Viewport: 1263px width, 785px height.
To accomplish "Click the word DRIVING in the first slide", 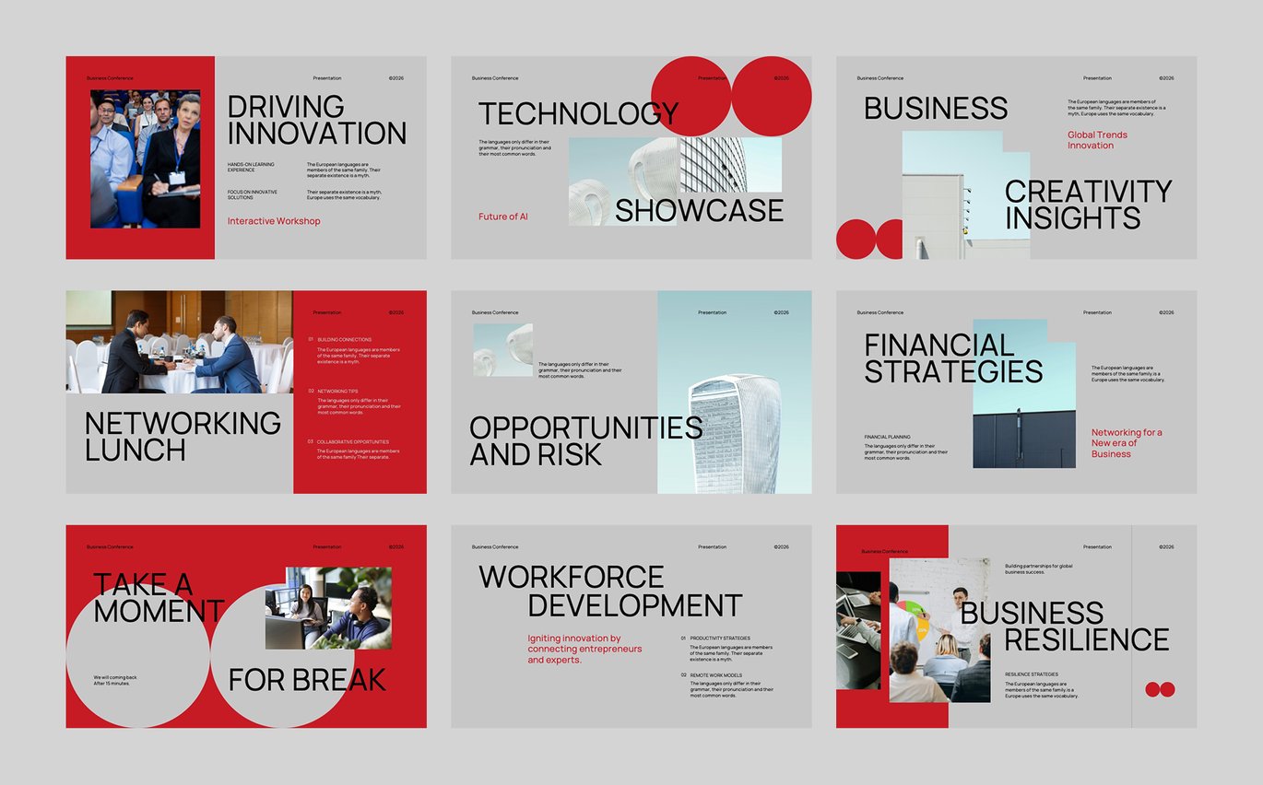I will pyautogui.click(x=286, y=107).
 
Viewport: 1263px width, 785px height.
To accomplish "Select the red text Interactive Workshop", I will pyautogui.click(x=274, y=221).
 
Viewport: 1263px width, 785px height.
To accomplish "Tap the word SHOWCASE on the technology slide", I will pyautogui.click(x=699, y=211).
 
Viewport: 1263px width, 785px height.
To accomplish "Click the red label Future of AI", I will pyautogui.click(x=502, y=217).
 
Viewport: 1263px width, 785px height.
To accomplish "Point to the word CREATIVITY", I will pyautogui.click(x=1088, y=192).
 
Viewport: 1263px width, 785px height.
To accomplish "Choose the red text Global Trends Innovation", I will pyautogui.click(x=1097, y=140).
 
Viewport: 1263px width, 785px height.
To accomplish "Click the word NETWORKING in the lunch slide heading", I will pyautogui.click(x=183, y=424).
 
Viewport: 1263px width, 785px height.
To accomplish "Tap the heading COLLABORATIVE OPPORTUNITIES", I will pyautogui.click(x=353, y=442).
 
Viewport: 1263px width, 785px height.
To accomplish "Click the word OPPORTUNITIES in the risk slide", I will pyautogui.click(x=585, y=428).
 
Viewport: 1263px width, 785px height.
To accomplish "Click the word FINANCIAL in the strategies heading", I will pyautogui.click(x=938, y=346).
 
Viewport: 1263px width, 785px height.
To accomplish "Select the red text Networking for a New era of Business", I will pyautogui.click(x=1126, y=443).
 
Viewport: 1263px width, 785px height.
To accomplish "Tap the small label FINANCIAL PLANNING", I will pyautogui.click(x=887, y=437).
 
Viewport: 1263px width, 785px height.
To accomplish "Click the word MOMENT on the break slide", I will pyautogui.click(x=159, y=611).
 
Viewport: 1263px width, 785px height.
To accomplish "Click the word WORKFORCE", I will pyautogui.click(x=571, y=578).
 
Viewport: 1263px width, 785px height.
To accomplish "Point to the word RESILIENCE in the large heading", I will pyautogui.click(x=1086, y=639).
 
